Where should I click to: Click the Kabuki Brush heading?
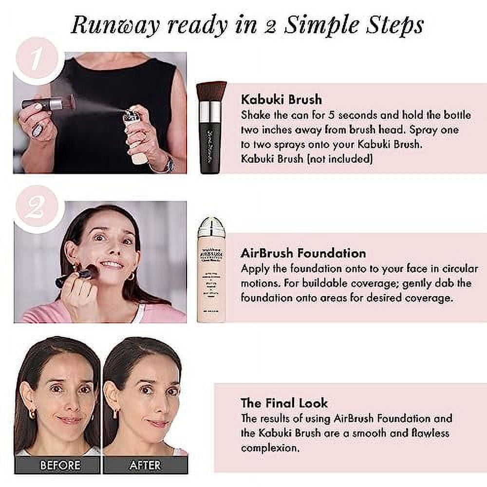coord(281,99)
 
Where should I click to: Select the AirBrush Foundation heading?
coord(303,253)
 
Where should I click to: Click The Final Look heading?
coord(284,403)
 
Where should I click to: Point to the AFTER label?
coord(145,465)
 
